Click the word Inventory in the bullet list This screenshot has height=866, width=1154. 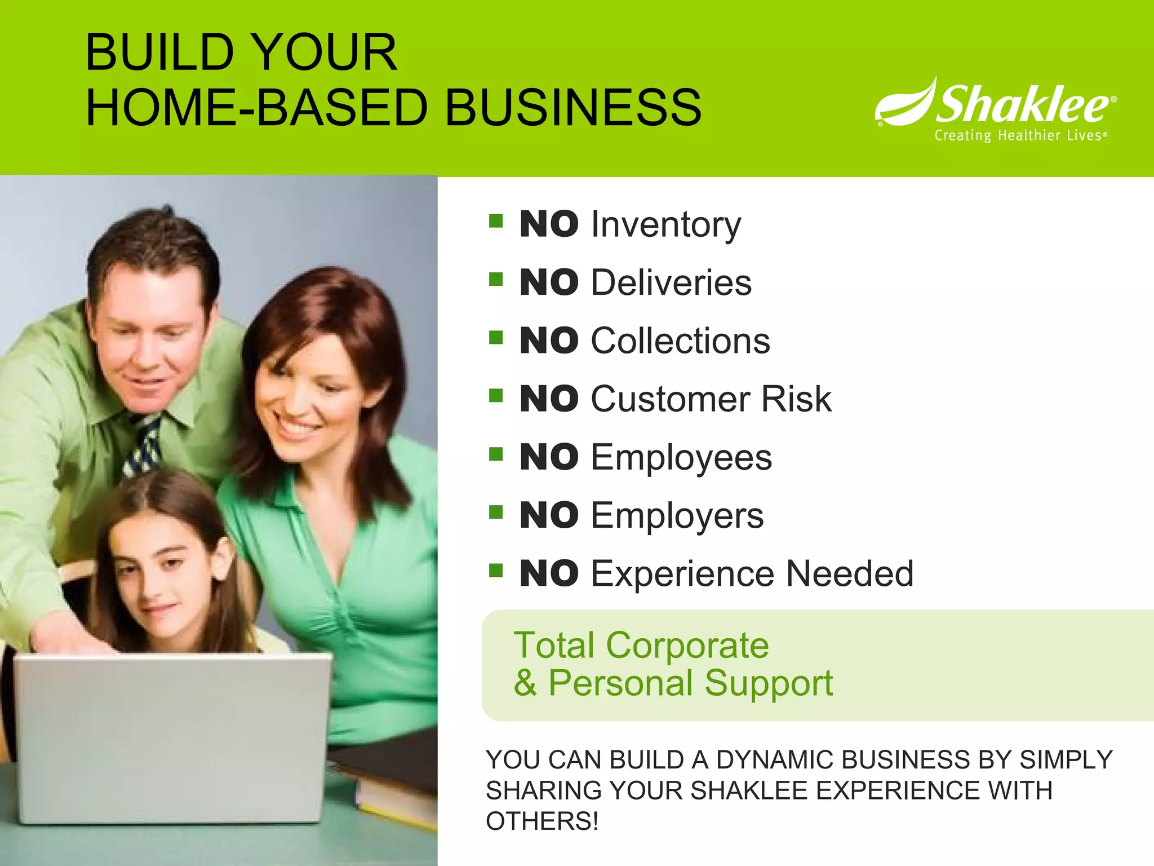point(666,225)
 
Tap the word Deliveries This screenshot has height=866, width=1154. point(671,283)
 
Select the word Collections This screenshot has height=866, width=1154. point(680,341)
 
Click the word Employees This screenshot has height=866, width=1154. point(681,458)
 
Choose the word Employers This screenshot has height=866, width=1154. point(677,516)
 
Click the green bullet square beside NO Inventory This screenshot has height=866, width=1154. point(496,220)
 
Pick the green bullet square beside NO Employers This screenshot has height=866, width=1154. point(496,512)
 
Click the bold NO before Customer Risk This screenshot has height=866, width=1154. point(549,399)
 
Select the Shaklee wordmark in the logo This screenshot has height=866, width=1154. point(1022,105)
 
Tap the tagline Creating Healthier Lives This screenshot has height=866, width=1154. point(1019,136)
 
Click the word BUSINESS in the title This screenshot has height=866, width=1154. point(574,107)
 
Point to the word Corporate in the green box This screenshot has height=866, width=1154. point(687,645)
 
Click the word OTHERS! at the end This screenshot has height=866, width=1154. point(542,821)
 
